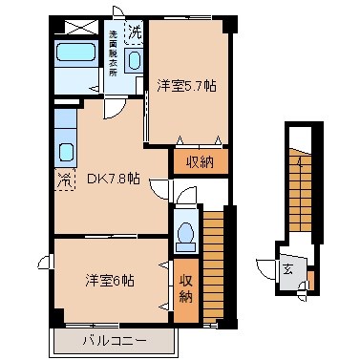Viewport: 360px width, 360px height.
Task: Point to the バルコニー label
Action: [113, 340]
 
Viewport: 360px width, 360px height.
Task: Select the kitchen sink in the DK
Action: [66, 150]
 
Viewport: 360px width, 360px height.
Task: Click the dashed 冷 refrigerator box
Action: [64, 178]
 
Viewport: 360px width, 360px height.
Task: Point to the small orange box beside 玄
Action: [302, 282]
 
